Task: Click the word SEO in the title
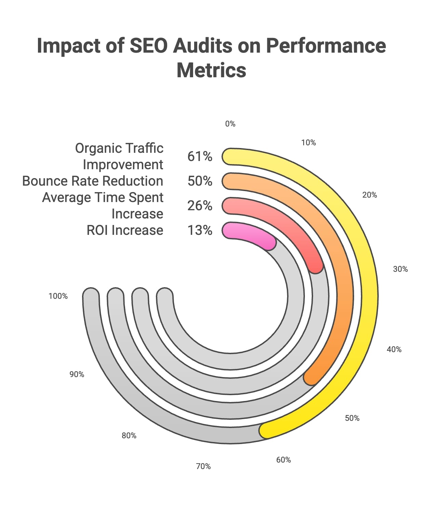[149, 45]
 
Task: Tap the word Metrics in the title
[211, 70]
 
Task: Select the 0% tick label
[230, 124]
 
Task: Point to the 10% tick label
[308, 143]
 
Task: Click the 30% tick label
[400, 269]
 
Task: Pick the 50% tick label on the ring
[352, 418]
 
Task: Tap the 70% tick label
[203, 466]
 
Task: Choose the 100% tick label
[58, 296]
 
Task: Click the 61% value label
[200, 157]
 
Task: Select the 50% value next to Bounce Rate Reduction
[200, 181]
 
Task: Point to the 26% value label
[200, 206]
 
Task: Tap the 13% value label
[200, 230]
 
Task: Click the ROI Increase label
[125, 230]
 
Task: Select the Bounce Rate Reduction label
[93, 181]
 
